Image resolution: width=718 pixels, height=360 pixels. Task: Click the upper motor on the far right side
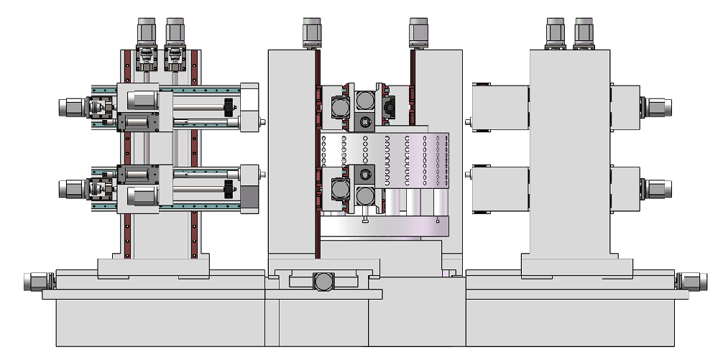point(658,108)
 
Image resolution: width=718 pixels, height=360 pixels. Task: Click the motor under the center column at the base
point(323,282)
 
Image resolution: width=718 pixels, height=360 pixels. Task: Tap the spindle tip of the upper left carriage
point(262,121)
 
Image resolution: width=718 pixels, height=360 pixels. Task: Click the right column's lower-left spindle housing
point(500,188)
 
